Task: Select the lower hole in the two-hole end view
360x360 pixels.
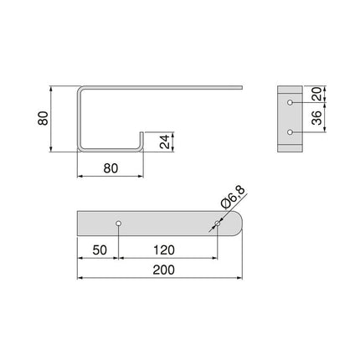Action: click(291, 132)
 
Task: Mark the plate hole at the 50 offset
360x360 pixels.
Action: click(119, 224)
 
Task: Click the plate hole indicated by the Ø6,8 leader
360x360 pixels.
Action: click(216, 224)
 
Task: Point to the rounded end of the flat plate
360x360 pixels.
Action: click(241, 224)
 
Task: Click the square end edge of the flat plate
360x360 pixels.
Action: click(78, 224)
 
